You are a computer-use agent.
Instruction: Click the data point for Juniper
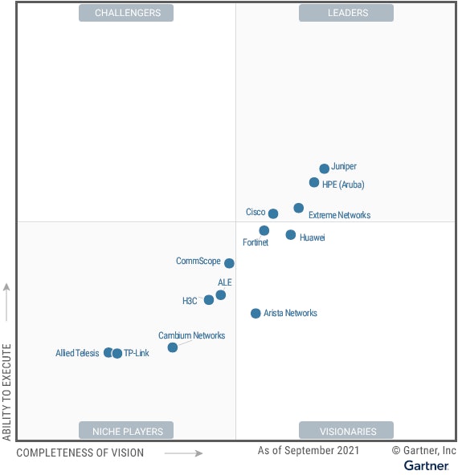324,168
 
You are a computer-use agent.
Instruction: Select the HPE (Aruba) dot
314,182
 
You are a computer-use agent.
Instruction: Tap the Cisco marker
273,213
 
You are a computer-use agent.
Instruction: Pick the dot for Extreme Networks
299,208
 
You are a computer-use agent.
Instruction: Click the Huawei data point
291,235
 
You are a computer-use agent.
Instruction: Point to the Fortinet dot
264,230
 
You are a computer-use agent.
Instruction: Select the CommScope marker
229,263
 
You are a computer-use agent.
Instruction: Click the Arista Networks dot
256,314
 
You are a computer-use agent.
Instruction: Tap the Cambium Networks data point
173,347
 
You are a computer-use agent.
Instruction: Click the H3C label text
190,301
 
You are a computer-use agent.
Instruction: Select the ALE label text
225,283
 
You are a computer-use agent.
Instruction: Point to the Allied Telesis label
77,353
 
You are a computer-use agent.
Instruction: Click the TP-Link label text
137,353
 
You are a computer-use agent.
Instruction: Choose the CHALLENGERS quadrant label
128,13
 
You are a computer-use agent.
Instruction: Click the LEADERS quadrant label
346,13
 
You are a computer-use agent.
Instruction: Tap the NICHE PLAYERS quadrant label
128,431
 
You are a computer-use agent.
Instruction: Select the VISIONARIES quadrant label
346,431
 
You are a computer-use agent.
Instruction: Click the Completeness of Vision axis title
80,453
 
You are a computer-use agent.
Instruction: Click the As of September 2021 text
309,451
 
